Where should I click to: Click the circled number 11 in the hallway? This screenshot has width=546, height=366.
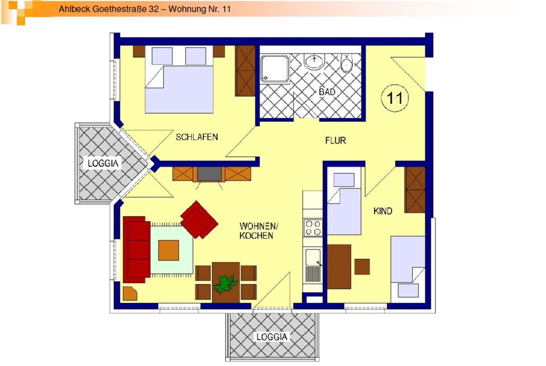click(395, 98)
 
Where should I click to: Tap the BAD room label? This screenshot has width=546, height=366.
click(327, 92)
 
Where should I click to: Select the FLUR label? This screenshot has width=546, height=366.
click(336, 140)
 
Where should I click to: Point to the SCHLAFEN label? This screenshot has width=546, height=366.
click(197, 137)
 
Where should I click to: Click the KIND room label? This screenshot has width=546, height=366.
click(383, 211)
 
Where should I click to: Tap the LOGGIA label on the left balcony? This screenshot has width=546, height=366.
click(103, 163)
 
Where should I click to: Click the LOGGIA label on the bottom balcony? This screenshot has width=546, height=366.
click(272, 337)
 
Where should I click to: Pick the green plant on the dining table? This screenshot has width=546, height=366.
click(226, 283)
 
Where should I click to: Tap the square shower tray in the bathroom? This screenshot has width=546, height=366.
click(274, 69)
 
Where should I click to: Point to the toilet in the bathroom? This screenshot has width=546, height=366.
click(347, 63)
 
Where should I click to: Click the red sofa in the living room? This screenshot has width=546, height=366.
click(136, 249)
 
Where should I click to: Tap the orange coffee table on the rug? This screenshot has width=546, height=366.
click(168, 250)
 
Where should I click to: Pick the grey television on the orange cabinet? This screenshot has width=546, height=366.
click(209, 174)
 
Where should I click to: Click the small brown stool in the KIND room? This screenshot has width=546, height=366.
click(362, 267)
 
